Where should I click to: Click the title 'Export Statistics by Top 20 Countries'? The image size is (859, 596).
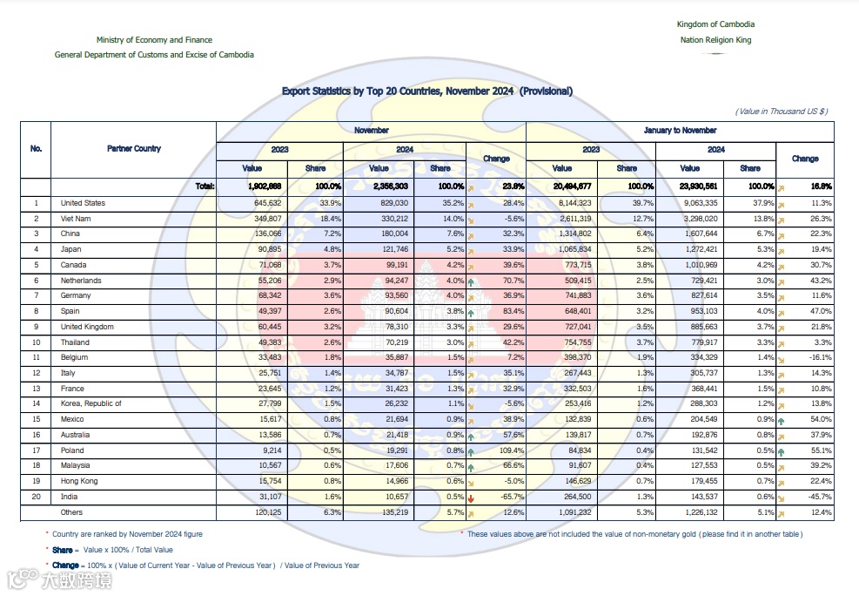[426, 91]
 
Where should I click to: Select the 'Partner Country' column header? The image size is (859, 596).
[134, 149]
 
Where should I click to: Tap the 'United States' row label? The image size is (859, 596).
[83, 203]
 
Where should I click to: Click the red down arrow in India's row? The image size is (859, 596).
[470, 497]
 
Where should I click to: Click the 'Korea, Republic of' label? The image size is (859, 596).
[91, 403]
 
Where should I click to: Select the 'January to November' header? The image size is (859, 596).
[681, 131]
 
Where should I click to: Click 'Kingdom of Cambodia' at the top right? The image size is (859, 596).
[715, 24]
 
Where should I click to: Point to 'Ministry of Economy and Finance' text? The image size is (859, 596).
[154, 40]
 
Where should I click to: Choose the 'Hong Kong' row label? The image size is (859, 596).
[79, 481]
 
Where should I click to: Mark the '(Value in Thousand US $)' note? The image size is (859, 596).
[781, 112]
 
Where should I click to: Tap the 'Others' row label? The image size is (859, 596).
[72, 512]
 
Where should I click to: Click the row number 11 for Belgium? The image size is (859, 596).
[37, 357]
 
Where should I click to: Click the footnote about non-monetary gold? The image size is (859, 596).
[634, 533]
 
